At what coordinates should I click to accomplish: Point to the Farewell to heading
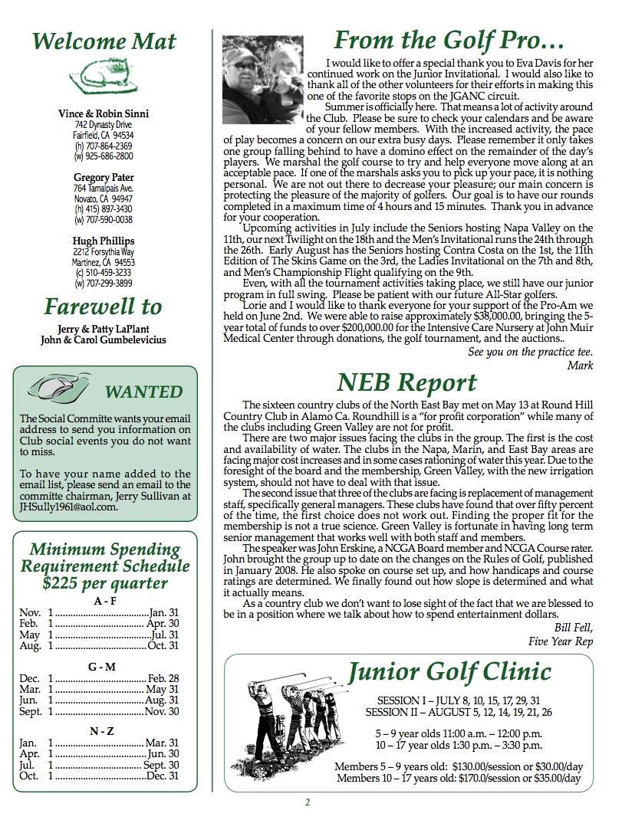(104, 307)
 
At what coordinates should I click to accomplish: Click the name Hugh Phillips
(104, 241)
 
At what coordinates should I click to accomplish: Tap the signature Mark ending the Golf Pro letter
(580, 366)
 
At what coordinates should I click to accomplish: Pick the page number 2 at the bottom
(308, 802)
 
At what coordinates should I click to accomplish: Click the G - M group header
(102, 667)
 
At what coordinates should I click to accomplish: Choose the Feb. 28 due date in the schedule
(163, 678)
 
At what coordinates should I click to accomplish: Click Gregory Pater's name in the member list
(104, 177)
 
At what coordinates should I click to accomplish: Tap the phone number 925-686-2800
(108, 156)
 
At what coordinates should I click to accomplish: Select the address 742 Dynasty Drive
(104, 124)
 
